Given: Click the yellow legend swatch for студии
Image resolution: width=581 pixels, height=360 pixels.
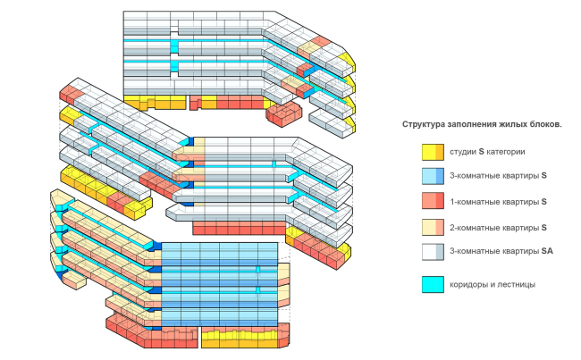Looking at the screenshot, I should [x=434, y=151].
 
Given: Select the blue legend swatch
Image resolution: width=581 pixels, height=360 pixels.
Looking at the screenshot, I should [x=434, y=176].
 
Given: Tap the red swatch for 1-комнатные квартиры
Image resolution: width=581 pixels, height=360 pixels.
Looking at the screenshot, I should [x=434, y=201].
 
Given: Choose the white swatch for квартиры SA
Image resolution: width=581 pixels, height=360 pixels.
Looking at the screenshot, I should [x=434, y=251].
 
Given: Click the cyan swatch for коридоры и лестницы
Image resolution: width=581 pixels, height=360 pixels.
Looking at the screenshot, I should [x=434, y=285].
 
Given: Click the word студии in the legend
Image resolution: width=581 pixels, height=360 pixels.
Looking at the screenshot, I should [x=463, y=151].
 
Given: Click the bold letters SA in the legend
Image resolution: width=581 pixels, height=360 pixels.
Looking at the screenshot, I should [x=546, y=252].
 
